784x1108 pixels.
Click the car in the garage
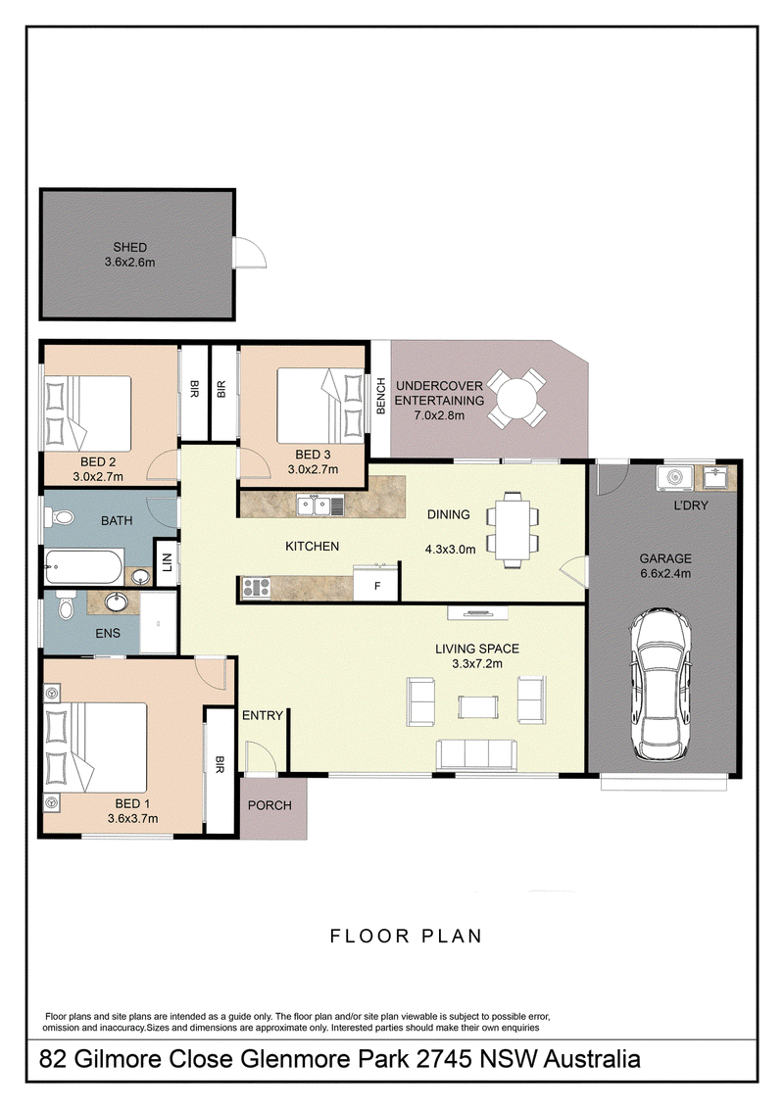[x=661, y=684]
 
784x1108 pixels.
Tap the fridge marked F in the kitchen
[x=376, y=584]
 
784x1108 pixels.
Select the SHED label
[x=130, y=247]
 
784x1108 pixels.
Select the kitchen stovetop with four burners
[x=257, y=587]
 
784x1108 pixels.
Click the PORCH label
[x=269, y=805]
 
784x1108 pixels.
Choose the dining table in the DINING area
[x=512, y=530]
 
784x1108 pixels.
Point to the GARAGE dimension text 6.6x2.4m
[x=665, y=574]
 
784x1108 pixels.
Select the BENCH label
[x=381, y=396]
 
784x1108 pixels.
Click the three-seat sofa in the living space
[x=476, y=754]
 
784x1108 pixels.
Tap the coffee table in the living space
[x=478, y=706]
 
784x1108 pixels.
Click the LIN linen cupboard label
[x=167, y=562]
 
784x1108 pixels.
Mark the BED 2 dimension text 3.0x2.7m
[x=98, y=477]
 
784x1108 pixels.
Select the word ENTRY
[x=263, y=715]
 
